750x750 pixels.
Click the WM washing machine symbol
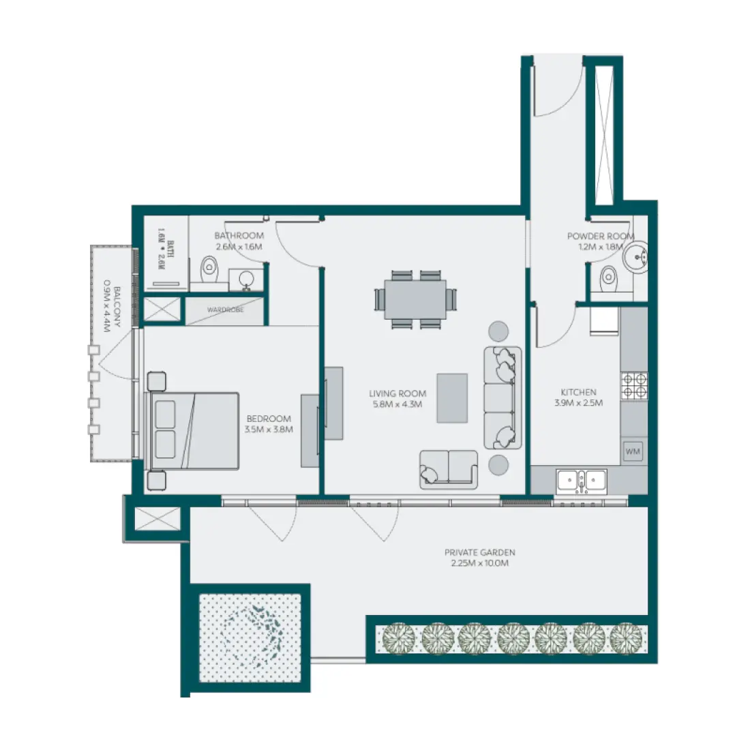coord(632,451)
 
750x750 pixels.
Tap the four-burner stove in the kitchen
coord(635,385)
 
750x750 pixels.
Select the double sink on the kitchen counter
coord(581,481)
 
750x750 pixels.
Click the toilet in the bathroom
coord(208,268)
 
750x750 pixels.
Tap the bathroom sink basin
coord(246,278)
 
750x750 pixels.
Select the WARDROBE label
coord(225,310)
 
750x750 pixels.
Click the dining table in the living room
coord(415,299)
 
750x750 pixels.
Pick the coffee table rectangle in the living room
coord(452,397)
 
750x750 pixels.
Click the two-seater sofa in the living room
coord(448,468)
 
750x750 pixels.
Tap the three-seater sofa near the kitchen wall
coord(502,397)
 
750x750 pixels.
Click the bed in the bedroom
coord(194,430)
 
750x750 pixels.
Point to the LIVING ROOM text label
coord(397,393)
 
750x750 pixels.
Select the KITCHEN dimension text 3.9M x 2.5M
coord(578,403)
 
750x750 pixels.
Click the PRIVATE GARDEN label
coord(479,552)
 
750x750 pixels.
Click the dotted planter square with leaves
coord(250,637)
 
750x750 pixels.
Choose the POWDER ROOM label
coord(600,236)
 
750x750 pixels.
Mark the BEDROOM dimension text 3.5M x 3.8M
coord(268,430)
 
